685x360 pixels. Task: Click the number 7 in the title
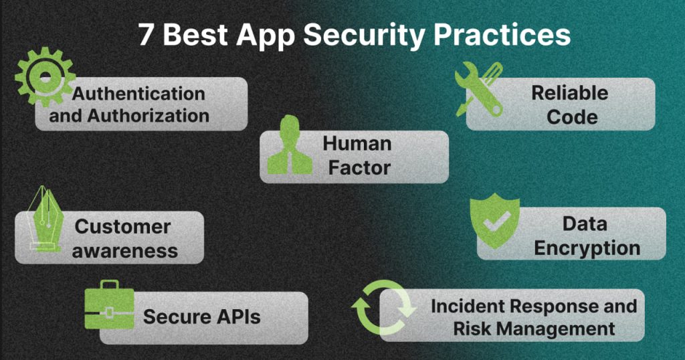coord(146,35)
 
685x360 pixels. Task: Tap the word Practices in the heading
coord(502,35)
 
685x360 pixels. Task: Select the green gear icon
coord(45,77)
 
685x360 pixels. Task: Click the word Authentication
coord(138,94)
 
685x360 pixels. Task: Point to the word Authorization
coord(148,115)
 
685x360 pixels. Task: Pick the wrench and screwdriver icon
coord(479,89)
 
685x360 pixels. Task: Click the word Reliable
coord(570,92)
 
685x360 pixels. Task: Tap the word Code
coord(572,116)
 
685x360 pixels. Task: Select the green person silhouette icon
coord(290,145)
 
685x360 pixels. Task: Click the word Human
coord(357,143)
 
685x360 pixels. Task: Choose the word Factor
coord(359,168)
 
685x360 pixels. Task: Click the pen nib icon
coord(45,219)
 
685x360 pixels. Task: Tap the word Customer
coord(122,226)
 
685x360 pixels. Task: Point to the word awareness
coord(124,251)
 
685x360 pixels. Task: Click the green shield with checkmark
coord(495,221)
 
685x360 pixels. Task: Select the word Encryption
coord(587,248)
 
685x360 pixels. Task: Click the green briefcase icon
coord(110,304)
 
